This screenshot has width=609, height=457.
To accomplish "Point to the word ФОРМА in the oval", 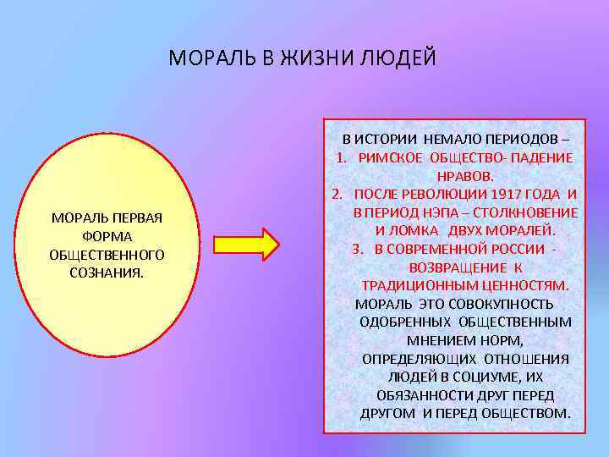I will pyautogui.click(x=107, y=236).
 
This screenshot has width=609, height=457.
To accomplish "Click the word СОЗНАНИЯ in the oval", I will pyautogui.click(x=107, y=273).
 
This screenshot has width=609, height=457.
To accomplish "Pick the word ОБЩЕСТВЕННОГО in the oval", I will pyautogui.click(x=107, y=254).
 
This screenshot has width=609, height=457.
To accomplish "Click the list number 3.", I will pyautogui.click(x=355, y=249).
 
